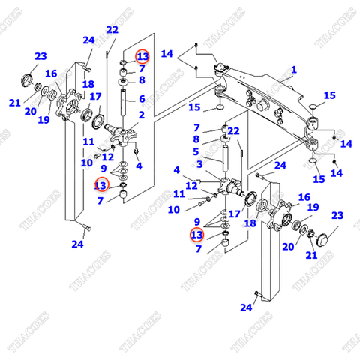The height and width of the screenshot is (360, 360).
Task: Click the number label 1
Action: point(294,70)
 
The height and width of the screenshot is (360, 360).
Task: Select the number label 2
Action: point(140,114)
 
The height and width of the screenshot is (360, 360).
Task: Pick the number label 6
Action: point(140,98)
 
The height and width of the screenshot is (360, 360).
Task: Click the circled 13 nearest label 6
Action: point(142,57)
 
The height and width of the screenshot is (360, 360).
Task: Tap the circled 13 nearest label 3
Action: point(197,235)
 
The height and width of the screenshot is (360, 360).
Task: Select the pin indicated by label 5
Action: point(225,154)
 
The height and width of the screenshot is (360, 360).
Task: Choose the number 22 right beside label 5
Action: point(233,131)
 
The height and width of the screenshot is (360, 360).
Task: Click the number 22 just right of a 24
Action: point(112,30)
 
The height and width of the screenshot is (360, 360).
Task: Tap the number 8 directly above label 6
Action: point(140,80)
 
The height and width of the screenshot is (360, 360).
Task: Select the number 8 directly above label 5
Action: point(197,139)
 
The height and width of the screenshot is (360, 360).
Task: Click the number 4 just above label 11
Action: point(177,170)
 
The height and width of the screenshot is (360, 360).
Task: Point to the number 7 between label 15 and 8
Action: point(197,128)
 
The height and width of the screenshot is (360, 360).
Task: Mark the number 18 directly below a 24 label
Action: point(88,84)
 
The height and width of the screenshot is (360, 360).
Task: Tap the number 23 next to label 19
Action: point(337,216)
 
